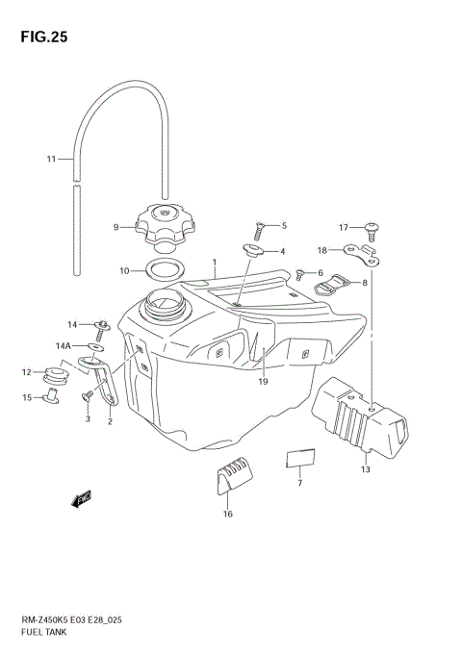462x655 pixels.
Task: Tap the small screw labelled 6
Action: pyautogui.click(x=301, y=273)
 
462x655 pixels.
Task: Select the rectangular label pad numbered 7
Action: pyautogui.click(x=300, y=457)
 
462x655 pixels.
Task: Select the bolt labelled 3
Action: pyautogui.click(x=87, y=394)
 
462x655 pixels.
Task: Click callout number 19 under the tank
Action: pyautogui.click(x=263, y=382)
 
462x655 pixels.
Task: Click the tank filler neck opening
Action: pyautogui.click(x=162, y=309)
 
